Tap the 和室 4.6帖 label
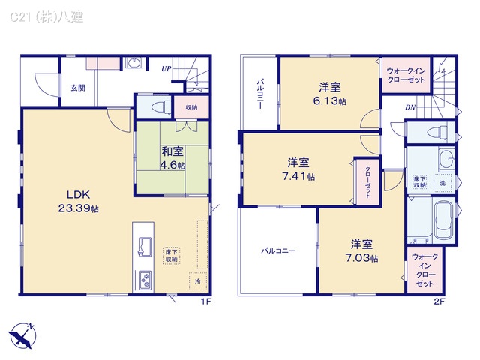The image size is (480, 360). pos(172,157)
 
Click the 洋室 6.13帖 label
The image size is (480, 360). pos(330,93)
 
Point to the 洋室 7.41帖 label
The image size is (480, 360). pos(299,169)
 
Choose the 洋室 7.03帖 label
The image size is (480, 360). pos(362,250)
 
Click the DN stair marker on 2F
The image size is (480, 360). pos(410,107)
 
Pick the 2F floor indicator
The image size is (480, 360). pos(439,301)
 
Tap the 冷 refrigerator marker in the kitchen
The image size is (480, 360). pos(198,280)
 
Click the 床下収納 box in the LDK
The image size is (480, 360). pos(172,255)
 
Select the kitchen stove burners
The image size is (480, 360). pos(143,281)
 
